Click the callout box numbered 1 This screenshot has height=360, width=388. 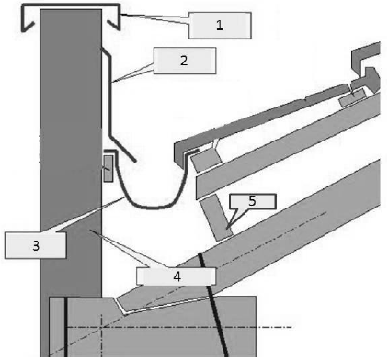220,26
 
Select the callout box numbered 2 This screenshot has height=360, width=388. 185,61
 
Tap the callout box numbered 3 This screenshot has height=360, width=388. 36,245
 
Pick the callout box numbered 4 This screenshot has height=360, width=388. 177,276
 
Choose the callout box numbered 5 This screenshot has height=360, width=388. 253,201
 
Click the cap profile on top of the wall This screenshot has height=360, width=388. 71,6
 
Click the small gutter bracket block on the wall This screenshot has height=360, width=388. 108,168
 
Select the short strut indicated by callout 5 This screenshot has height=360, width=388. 216,218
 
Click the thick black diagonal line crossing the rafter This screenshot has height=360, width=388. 213,305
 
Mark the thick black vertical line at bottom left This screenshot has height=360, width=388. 65,327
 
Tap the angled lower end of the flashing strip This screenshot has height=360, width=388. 122,148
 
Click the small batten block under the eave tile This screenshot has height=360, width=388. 206,160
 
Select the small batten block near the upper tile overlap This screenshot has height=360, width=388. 352,97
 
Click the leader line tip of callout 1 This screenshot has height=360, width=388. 120,14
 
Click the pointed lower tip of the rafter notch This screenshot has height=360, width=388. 125,313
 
